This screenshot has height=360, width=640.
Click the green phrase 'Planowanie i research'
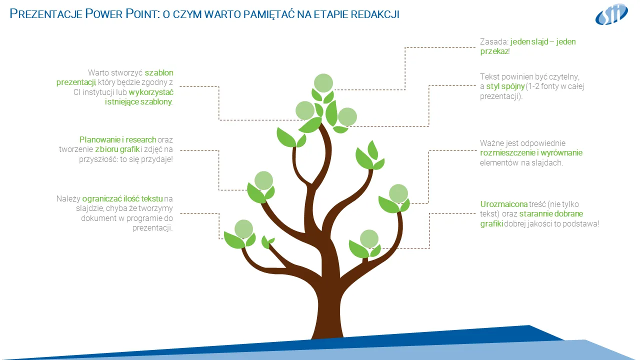(x=118, y=140)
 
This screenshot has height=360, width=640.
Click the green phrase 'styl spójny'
(x=505, y=86)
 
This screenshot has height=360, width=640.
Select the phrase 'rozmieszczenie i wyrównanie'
(x=531, y=153)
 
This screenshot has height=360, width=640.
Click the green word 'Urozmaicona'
(x=504, y=204)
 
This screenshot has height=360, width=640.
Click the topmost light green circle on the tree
(x=323, y=82)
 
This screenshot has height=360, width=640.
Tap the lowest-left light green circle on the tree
(x=243, y=229)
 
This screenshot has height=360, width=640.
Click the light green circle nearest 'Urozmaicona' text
(x=398, y=193)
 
